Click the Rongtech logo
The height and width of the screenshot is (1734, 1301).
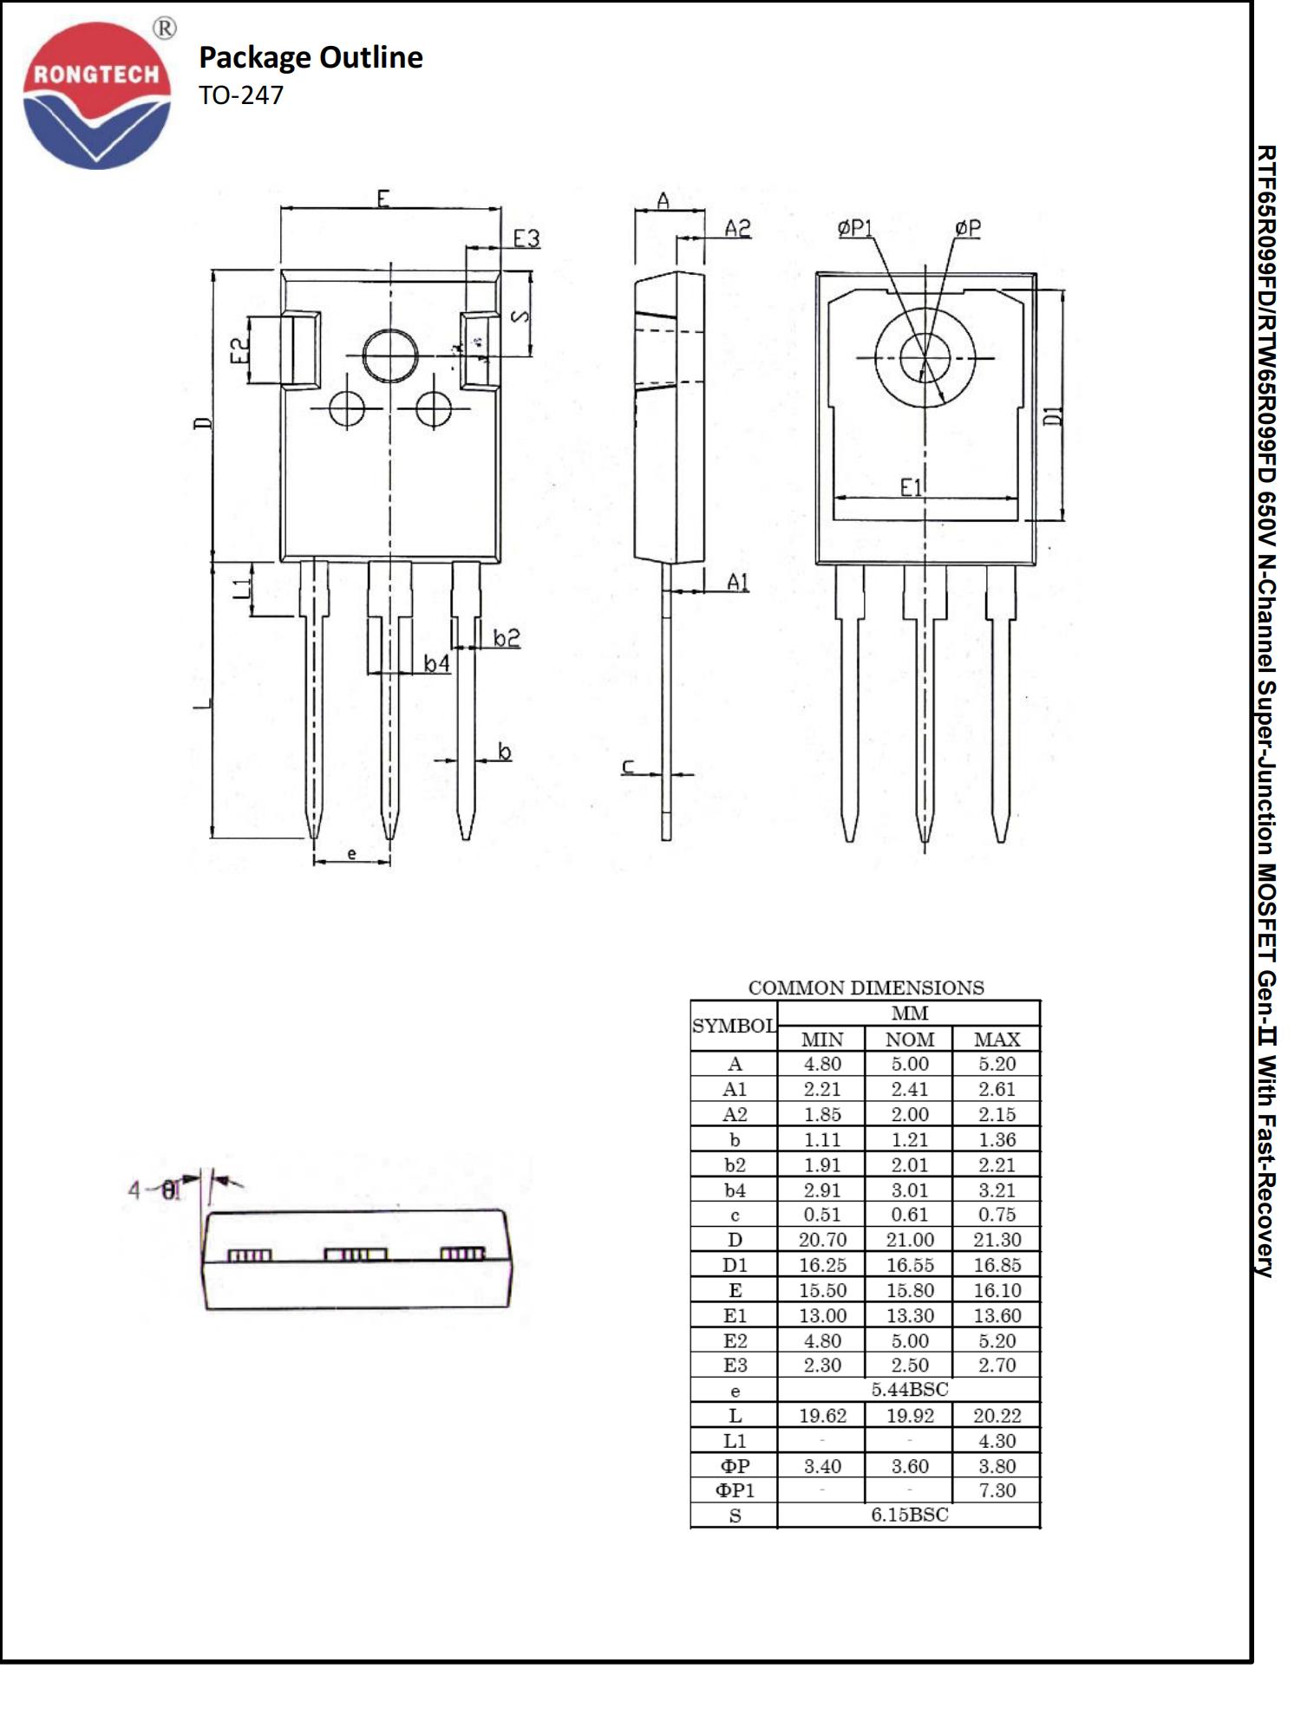pos(96,95)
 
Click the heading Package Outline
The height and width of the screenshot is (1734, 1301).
pos(311,57)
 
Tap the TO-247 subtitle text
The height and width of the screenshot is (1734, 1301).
pos(241,95)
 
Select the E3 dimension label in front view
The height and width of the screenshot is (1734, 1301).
pos(526,238)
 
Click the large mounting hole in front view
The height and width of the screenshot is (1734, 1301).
pos(389,355)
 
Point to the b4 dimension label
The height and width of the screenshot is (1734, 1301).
pos(436,663)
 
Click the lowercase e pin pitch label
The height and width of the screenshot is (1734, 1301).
pos(351,854)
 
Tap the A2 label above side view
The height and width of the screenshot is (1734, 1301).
pos(737,228)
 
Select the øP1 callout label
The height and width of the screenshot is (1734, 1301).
pos(854,228)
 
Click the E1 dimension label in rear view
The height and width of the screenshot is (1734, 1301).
pos(911,488)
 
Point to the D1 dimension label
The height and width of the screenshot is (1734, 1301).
pos(1052,416)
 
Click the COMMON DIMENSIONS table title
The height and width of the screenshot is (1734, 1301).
pos(866,988)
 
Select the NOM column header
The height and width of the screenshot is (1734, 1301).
pos(909,1040)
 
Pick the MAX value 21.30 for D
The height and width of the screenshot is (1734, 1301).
pos(997,1240)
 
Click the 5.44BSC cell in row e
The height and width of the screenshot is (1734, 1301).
pos(909,1390)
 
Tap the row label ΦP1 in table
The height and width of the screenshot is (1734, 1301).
pos(735,1490)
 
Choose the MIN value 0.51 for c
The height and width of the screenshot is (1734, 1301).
pos(821,1215)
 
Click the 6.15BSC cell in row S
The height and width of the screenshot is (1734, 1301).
pos(909,1515)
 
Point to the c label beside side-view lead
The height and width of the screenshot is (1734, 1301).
pos(628,766)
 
